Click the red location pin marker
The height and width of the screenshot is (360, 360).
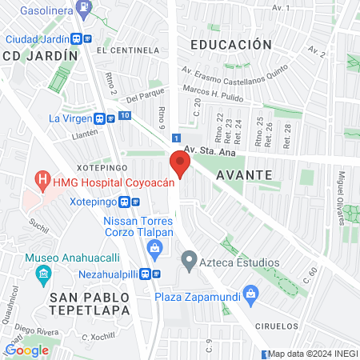point(180,165)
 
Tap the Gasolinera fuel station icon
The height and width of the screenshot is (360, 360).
point(84,9)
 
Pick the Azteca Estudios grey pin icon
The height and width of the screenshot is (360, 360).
point(189,261)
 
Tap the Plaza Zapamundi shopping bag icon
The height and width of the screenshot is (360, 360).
point(250,294)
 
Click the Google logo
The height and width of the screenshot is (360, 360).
point(26,350)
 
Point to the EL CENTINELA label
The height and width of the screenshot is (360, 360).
point(125,49)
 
